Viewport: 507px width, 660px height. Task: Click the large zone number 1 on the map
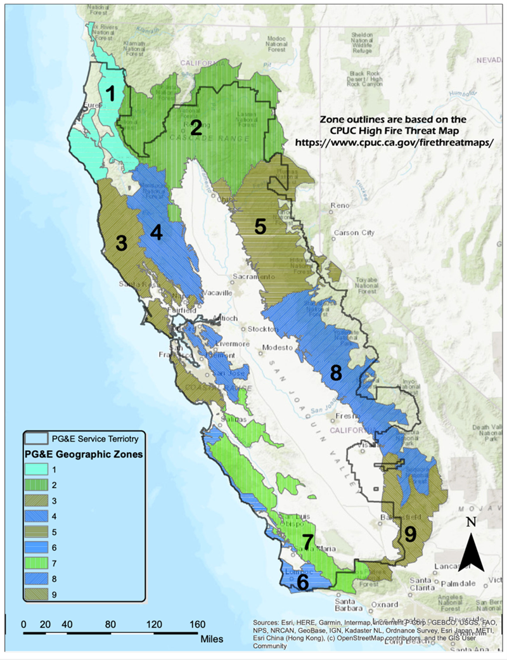tap(112, 94)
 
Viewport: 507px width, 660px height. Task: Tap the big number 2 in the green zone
tap(196, 128)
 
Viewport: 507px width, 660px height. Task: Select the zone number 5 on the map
tap(259, 227)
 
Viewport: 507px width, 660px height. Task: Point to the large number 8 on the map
tap(337, 372)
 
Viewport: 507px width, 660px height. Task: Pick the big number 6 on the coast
tap(303, 582)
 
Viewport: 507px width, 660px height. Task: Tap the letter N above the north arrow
tap(470, 522)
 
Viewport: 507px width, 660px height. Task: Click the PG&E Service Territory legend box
tap(37, 438)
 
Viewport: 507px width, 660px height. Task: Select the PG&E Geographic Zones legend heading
tap(82, 455)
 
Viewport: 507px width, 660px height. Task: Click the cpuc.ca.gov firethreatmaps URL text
tap(394, 142)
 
